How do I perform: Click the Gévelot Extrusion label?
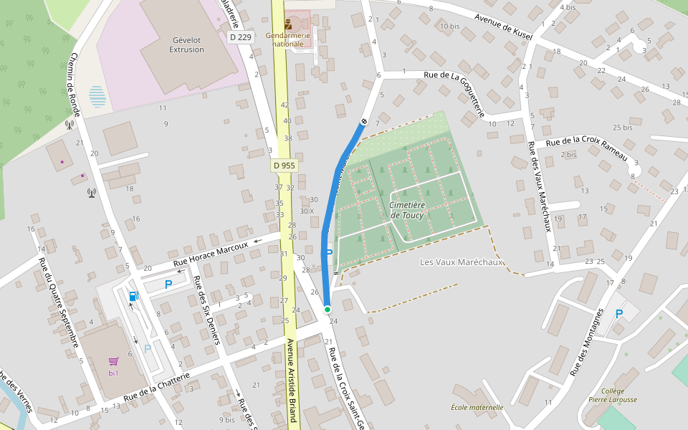pyautogui.click(x=186, y=44)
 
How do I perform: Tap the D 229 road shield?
pyautogui.click(x=241, y=37)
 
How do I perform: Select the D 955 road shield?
pyautogui.click(x=284, y=166)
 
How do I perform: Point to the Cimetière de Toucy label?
pyautogui.click(x=407, y=209)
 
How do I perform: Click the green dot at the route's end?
pyautogui.click(x=328, y=309)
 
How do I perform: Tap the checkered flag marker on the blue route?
pyautogui.click(x=364, y=121)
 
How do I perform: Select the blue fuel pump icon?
pyautogui.click(x=133, y=296)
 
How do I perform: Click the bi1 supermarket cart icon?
pyautogui.click(x=113, y=362)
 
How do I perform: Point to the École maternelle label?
pyautogui.click(x=477, y=407)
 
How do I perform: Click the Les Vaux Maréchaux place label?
pyautogui.click(x=462, y=262)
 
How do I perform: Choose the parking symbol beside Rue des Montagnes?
pyautogui.click(x=619, y=313)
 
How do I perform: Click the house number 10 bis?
pyautogui.click(x=449, y=27)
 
